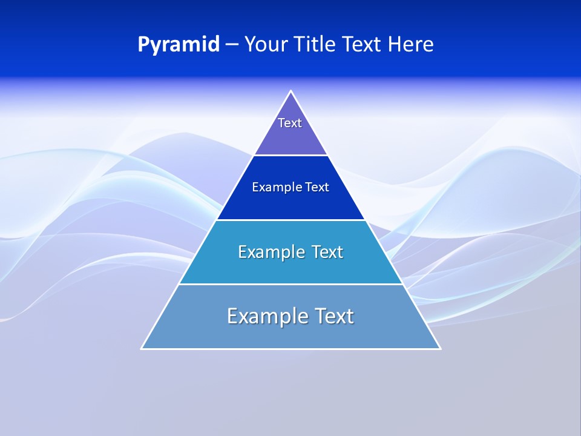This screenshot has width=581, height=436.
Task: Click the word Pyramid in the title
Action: pos(179,44)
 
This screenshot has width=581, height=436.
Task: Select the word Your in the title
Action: pos(264,44)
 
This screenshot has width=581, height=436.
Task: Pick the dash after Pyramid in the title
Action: pos(232,45)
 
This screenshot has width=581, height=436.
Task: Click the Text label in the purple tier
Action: pos(290,123)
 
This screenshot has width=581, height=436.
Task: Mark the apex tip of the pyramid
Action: pos(291,91)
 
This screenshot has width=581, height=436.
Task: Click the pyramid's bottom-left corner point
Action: pos(142,348)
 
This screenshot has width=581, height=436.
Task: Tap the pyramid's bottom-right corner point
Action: pos(440,348)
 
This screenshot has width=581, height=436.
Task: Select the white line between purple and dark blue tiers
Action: pos(291,155)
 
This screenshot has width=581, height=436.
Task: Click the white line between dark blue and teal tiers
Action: pos(291,220)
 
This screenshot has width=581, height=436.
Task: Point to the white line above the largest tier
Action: pos(291,284)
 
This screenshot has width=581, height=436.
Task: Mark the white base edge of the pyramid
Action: pos(291,349)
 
